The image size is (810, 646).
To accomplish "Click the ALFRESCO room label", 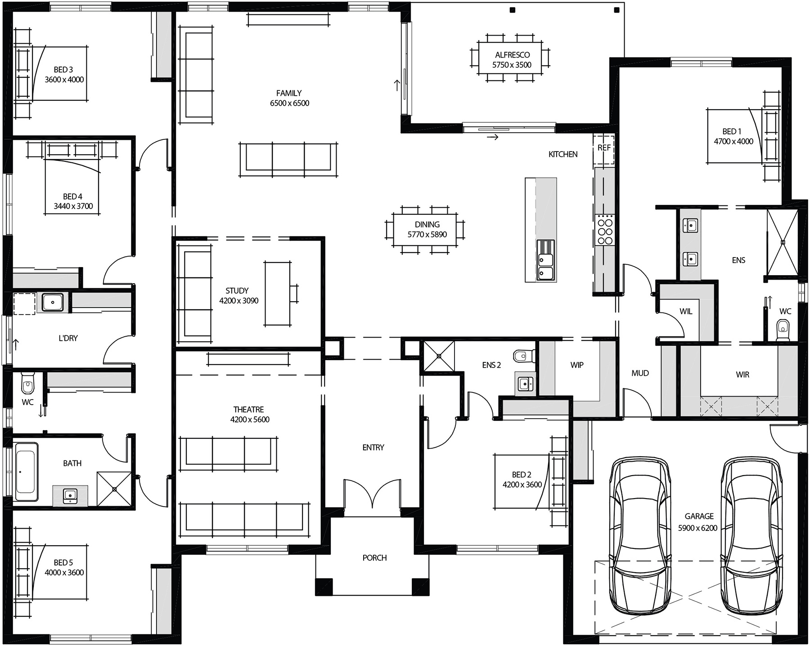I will point(512,55).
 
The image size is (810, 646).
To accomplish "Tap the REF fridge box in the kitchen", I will point(604,148).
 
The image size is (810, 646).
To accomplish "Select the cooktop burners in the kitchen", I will point(604,230).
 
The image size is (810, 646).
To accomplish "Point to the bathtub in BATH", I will point(26,472).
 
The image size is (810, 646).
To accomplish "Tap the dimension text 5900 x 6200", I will point(697,528).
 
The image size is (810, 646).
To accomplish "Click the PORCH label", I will point(374,558).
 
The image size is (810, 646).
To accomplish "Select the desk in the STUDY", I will point(277,294).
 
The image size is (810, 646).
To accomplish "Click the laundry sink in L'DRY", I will point(53,302).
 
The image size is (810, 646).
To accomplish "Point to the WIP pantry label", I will point(577,365).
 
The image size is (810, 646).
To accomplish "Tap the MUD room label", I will point(640,373).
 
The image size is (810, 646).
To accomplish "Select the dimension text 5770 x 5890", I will point(427,235).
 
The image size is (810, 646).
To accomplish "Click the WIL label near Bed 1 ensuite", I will point(686,312).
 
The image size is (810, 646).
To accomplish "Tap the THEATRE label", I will point(248,410).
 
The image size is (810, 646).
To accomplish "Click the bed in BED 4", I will point(72,189).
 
